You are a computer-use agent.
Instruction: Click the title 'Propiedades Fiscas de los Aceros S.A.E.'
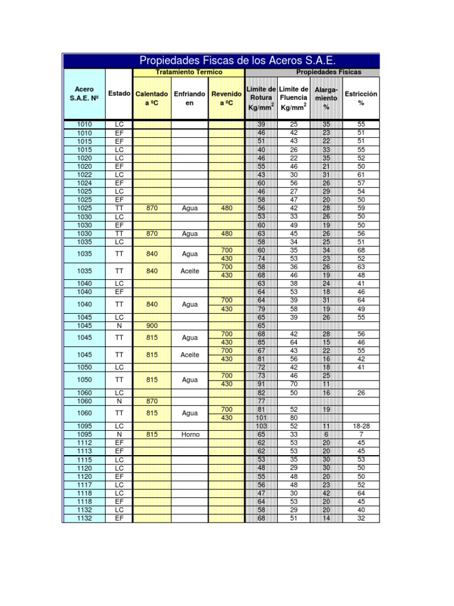point(237,60)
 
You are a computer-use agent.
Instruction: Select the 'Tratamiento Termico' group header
point(189,72)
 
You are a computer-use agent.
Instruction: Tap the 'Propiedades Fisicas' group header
point(329,72)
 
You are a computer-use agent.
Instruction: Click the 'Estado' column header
point(120,94)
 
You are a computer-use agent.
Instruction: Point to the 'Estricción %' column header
point(361,98)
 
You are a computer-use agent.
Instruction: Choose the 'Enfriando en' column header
point(190,98)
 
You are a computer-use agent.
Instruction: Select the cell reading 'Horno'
point(190,434)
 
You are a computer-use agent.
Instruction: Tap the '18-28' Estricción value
point(361,426)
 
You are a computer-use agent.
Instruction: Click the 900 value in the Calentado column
point(152,325)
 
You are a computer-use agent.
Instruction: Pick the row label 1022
point(84,175)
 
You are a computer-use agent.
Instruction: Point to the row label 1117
point(84,485)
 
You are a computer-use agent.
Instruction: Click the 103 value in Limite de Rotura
point(261,426)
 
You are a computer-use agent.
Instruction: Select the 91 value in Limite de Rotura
point(261,383)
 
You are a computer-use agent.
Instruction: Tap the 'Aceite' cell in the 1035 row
point(190,271)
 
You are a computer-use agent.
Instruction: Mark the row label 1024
point(84,183)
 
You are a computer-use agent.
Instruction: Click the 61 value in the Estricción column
point(361,175)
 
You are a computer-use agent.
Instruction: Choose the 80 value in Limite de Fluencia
point(294,417)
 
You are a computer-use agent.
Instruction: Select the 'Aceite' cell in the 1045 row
point(190,355)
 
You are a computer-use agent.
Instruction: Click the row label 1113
point(84,451)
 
